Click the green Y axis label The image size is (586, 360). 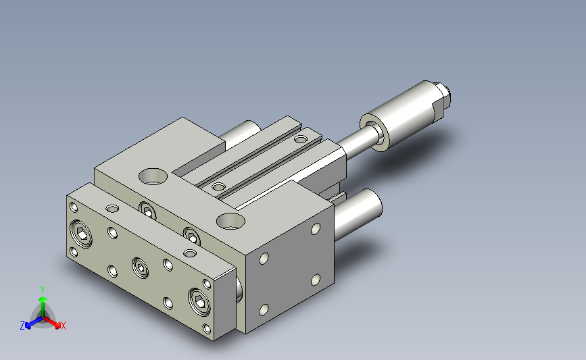click(x=43, y=290)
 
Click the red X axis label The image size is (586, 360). click(x=63, y=326)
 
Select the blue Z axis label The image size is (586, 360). click(x=22, y=326)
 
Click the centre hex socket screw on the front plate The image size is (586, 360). click(x=140, y=267)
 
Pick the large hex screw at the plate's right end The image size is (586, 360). click(x=199, y=301)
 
